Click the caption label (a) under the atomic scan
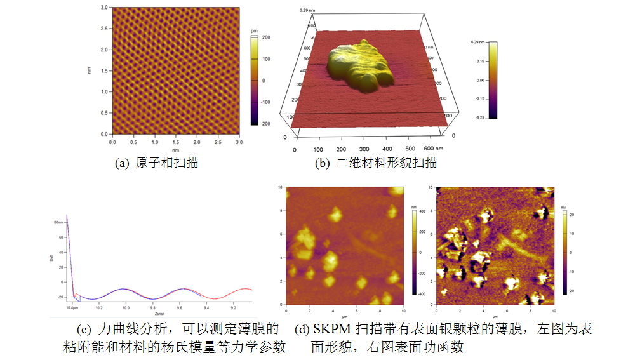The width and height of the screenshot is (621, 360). [x=121, y=163]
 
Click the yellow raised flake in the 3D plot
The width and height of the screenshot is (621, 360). [x=359, y=67]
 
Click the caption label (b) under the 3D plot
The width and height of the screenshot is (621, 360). [x=323, y=163]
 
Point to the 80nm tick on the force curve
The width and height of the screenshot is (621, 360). [x=58, y=223]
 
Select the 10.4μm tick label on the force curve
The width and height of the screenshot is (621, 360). [x=72, y=307]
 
